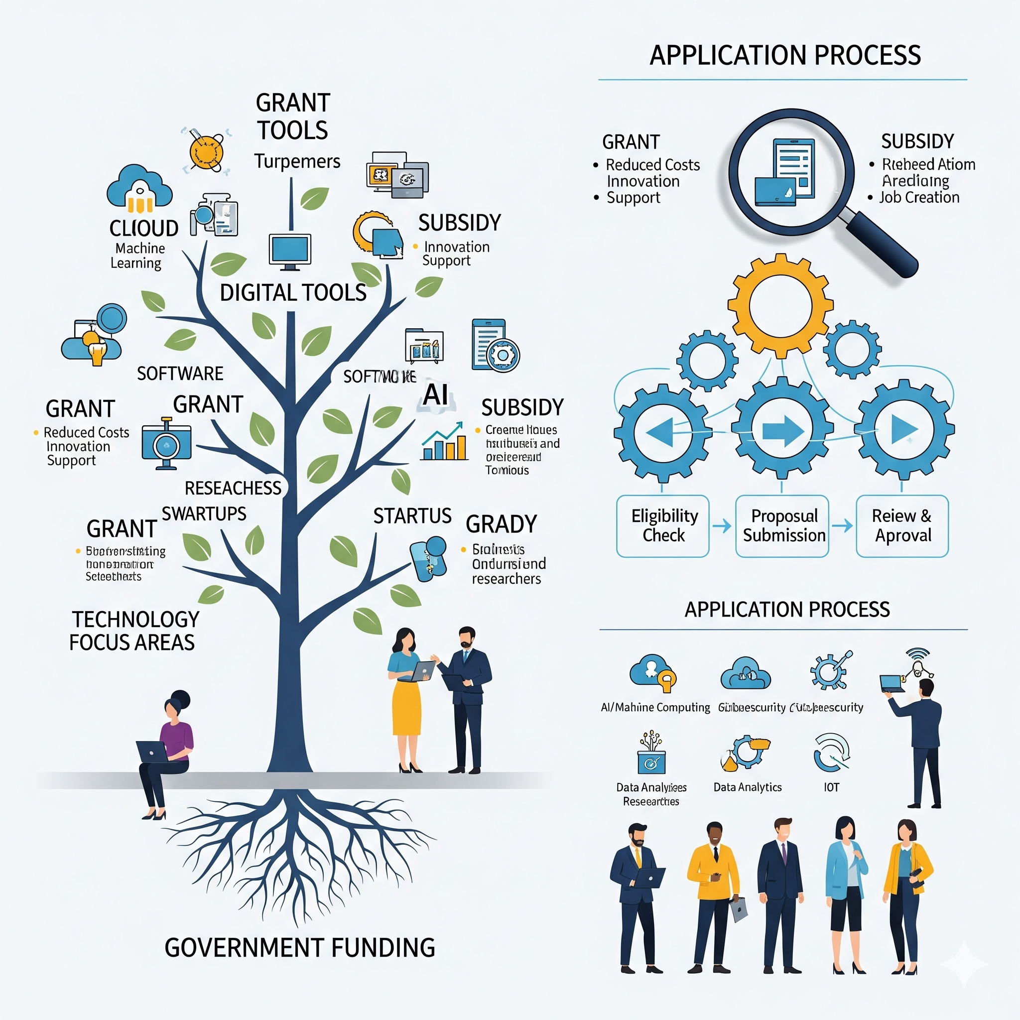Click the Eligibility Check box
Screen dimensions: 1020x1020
(662, 526)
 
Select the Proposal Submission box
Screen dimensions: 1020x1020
(782, 526)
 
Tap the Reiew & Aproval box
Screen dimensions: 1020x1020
(902, 526)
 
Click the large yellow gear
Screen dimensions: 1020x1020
(780, 306)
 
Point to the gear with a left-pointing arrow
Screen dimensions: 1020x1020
(662, 432)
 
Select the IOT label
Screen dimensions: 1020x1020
(831, 787)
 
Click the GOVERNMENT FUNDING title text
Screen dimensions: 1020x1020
(299, 948)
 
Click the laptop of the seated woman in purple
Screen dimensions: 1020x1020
(152, 751)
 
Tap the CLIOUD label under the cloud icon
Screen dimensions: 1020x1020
(143, 229)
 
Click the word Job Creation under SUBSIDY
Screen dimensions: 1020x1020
(919, 197)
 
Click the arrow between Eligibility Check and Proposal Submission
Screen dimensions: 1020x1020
(722, 526)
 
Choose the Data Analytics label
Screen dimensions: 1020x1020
(747, 787)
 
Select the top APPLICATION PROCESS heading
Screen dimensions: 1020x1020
(784, 55)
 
